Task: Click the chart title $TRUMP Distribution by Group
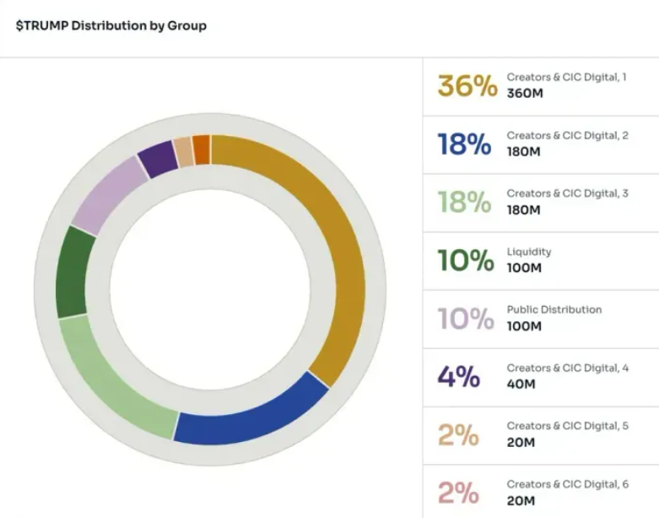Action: tap(111, 25)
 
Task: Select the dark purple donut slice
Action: tap(157, 158)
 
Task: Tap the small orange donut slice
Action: tap(202, 150)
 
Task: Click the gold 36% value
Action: tap(467, 85)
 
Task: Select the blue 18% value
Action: tap(464, 144)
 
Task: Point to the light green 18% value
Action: tap(464, 202)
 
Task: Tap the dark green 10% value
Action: tap(465, 260)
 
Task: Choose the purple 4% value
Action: tap(458, 376)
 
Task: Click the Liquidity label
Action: tap(528, 252)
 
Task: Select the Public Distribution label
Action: tap(554, 309)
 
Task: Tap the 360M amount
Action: tap(525, 93)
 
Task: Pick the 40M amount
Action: tap(521, 384)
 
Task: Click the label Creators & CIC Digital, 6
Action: tap(567, 484)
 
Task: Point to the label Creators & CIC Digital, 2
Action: tap(567, 135)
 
